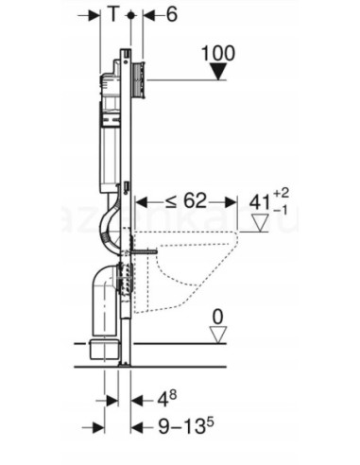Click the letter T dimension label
[113, 15]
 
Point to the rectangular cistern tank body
[110, 151]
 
